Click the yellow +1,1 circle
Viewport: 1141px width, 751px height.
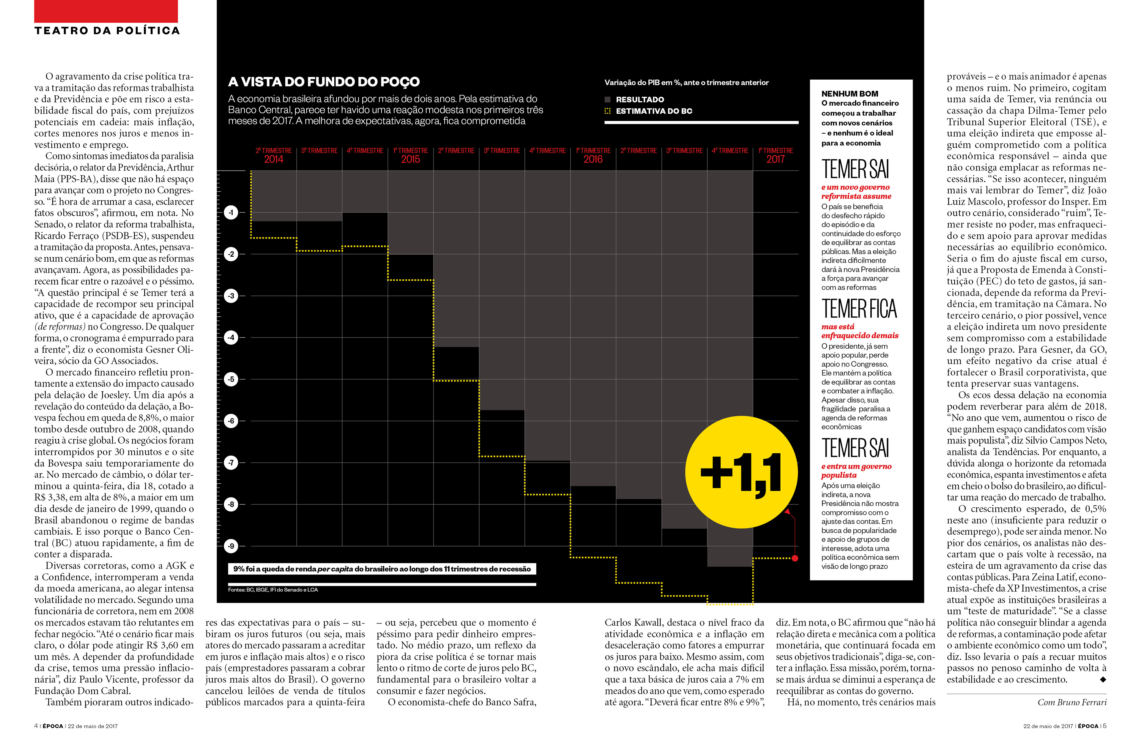coord(742,472)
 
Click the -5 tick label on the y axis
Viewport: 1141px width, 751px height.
coord(231,379)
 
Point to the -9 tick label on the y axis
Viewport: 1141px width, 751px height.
coord(231,546)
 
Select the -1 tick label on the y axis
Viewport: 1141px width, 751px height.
coord(231,212)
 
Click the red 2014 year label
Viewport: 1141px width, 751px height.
coord(273,160)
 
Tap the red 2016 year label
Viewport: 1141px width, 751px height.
coord(593,160)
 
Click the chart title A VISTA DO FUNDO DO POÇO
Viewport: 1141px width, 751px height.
coord(324,82)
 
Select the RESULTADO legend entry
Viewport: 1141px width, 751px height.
coord(634,100)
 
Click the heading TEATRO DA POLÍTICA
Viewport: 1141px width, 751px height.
coord(107,31)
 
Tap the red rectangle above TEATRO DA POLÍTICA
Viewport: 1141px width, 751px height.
coord(106,11)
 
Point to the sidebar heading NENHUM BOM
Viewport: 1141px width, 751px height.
coord(850,94)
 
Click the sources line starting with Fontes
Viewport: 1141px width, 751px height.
coord(273,590)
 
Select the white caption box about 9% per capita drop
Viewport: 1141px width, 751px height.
coord(382,569)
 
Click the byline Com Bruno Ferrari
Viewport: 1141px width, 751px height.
coord(1072,703)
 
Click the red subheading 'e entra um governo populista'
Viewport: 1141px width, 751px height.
coord(856,471)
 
